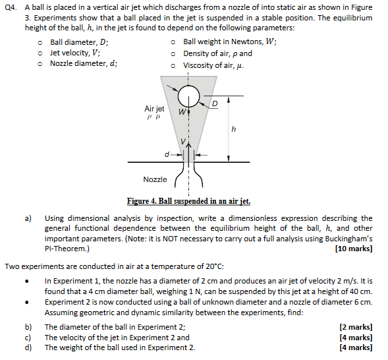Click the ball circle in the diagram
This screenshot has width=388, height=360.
[x=188, y=98]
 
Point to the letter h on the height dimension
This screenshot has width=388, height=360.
[x=233, y=129]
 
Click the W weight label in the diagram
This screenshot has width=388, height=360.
[x=180, y=111]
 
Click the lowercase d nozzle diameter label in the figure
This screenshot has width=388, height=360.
[x=167, y=155]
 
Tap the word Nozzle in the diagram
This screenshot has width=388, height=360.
[x=155, y=179]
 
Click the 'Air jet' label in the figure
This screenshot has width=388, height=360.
[x=154, y=108]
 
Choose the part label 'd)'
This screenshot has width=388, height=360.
[x=28, y=347]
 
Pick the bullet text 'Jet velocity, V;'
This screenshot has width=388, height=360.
[x=75, y=53]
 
